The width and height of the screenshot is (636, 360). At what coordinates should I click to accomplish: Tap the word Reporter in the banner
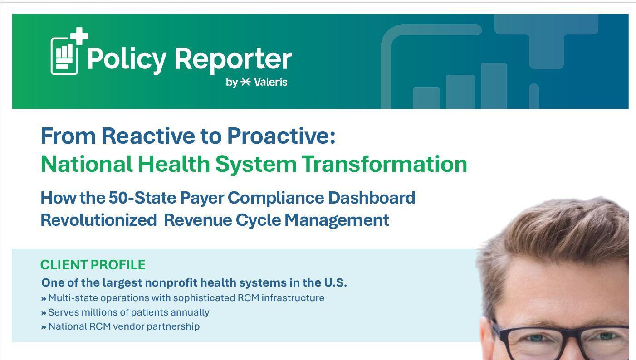click(233, 59)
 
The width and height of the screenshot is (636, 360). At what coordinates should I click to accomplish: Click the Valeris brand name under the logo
click(270, 82)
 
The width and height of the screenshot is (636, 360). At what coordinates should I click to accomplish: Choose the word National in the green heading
click(87, 164)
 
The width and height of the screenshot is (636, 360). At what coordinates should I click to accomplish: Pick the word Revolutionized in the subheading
click(98, 220)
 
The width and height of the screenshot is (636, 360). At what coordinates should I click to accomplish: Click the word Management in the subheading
click(337, 220)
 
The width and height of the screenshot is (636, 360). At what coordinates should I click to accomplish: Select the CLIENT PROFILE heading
click(93, 265)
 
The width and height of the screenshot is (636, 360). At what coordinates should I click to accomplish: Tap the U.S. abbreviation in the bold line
click(335, 283)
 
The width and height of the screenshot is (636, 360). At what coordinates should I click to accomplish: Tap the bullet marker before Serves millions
click(44, 313)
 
